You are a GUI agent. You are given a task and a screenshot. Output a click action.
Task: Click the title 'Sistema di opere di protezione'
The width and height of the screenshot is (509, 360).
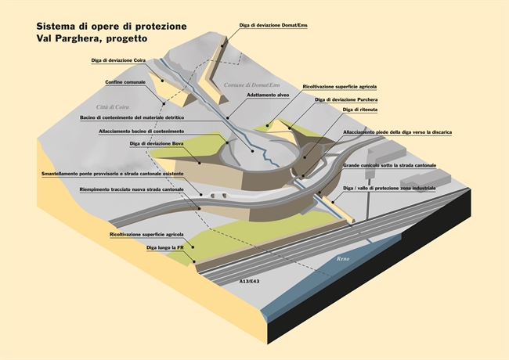(111, 26)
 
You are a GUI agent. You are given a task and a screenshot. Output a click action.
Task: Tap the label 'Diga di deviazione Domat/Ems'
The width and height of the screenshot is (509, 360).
(273, 26)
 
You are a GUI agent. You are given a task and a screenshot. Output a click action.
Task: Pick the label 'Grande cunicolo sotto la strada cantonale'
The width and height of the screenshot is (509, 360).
(389, 167)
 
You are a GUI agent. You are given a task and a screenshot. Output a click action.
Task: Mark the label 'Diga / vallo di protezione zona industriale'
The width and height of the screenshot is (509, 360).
(389, 189)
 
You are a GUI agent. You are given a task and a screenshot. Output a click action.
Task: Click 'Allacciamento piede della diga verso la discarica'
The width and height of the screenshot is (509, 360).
(397, 132)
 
